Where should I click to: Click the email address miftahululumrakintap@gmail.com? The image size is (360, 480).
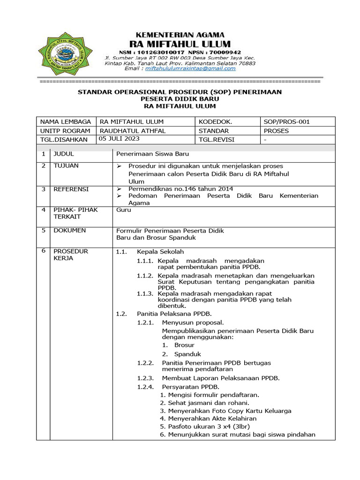(x=190, y=68)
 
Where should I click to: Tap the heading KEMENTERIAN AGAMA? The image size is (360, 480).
(x=180, y=35)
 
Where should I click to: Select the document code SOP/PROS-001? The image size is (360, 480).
(x=287, y=122)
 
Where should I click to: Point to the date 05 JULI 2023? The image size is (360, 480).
(x=119, y=139)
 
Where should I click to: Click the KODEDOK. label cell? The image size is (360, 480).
(x=215, y=122)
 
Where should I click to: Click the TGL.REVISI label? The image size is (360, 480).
(x=216, y=140)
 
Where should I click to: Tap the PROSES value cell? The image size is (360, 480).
(x=277, y=131)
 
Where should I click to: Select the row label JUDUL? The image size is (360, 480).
(x=64, y=154)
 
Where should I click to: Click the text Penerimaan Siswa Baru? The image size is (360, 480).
(x=152, y=154)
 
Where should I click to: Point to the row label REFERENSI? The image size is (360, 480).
(x=71, y=189)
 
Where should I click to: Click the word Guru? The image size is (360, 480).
(x=124, y=210)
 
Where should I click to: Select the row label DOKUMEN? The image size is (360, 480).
(x=69, y=231)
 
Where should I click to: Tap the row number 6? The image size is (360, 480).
(x=43, y=251)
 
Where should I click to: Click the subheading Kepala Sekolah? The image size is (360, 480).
(x=160, y=252)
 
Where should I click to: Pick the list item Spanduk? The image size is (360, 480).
(x=187, y=354)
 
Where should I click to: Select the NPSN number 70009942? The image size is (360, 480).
(x=225, y=52)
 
